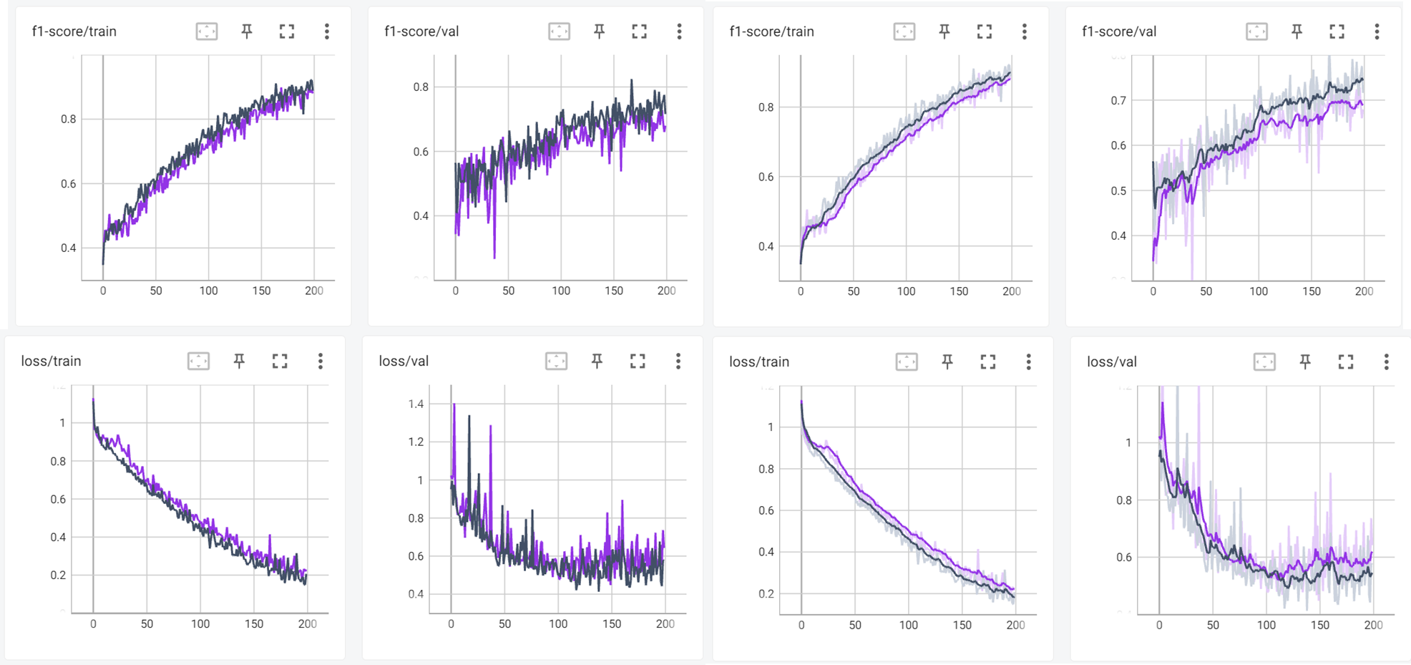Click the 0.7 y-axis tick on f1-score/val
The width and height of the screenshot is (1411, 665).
coord(1118,100)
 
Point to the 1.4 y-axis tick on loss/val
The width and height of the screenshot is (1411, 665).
coord(416,404)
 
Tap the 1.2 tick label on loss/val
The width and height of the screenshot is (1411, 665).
coord(416,442)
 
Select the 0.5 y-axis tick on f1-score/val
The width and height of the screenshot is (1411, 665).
coord(1118,190)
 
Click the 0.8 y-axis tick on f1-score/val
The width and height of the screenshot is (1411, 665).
coord(421,87)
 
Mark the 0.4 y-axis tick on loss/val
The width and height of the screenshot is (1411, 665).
coord(416,593)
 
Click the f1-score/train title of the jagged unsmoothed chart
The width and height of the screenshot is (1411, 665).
coord(74,31)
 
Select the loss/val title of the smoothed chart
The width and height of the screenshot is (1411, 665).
coord(1111,361)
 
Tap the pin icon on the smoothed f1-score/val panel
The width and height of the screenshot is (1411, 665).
coord(1297,31)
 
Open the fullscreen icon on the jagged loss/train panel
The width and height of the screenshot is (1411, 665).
coord(280,361)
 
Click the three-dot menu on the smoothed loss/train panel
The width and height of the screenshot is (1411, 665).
coord(1028,361)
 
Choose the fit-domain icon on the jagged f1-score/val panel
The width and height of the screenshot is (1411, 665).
coord(559,31)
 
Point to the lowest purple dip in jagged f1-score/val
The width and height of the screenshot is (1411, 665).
coord(494,256)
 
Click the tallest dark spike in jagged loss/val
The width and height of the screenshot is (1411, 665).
coord(469,416)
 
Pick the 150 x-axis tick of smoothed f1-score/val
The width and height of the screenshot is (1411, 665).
coord(1311,291)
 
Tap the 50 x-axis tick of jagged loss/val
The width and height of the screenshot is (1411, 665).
coord(504,623)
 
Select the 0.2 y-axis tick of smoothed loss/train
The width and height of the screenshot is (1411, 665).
coord(766,593)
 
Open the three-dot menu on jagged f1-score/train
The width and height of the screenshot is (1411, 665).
coord(327,31)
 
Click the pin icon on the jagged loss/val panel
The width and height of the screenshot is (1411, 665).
coord(597,361)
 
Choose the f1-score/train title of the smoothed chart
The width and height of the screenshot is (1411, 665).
coord(771,31)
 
